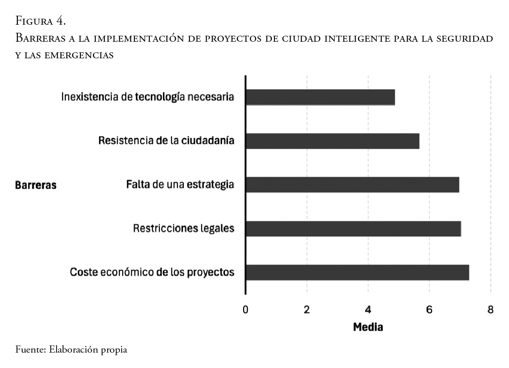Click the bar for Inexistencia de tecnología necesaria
click(x=320, y=97)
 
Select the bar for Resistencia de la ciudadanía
click(x=332, y=141)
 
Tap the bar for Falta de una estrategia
click(x=352, y=185)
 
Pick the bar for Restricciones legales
click(x=353, y=229)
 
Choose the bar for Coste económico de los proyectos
click(x=357, y=273)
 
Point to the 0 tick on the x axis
click(x=246, y=310)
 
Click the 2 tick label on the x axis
click(x=307, y=310)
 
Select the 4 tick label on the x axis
click(x=368, y=310)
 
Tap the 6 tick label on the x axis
click(x=429, y=310)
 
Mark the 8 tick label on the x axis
click(x=491, y=310)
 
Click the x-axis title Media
click(x=368, y=327)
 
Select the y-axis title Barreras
click(x=36, y=185)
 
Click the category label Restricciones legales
click(x=183, y=228)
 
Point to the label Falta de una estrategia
click(x=180, y=185)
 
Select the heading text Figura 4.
click(x=40, y=20)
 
